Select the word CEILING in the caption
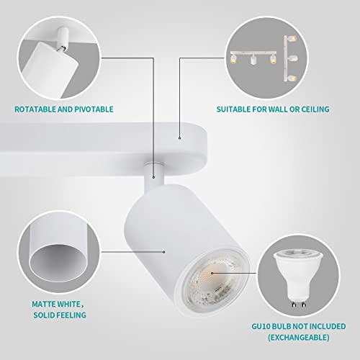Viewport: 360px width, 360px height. tap(312, 110)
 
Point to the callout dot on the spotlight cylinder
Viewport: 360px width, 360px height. tap(165, 251)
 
